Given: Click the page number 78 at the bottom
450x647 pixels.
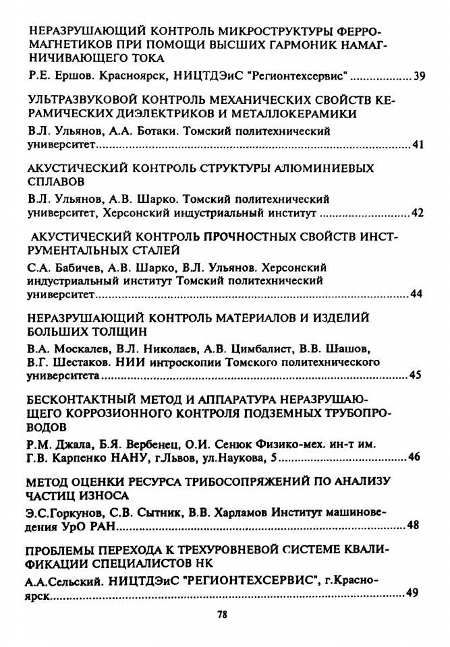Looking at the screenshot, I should tap(223, 615).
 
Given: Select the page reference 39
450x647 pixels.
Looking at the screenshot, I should tap(419, 75).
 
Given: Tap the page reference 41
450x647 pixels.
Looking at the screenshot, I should tap(418, 145).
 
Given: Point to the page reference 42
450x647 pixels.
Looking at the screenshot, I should tap(418, 214).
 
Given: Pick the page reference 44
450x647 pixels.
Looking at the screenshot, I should tap(418, 295).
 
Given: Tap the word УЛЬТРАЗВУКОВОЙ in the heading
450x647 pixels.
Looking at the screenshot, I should tap(83, 100).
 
